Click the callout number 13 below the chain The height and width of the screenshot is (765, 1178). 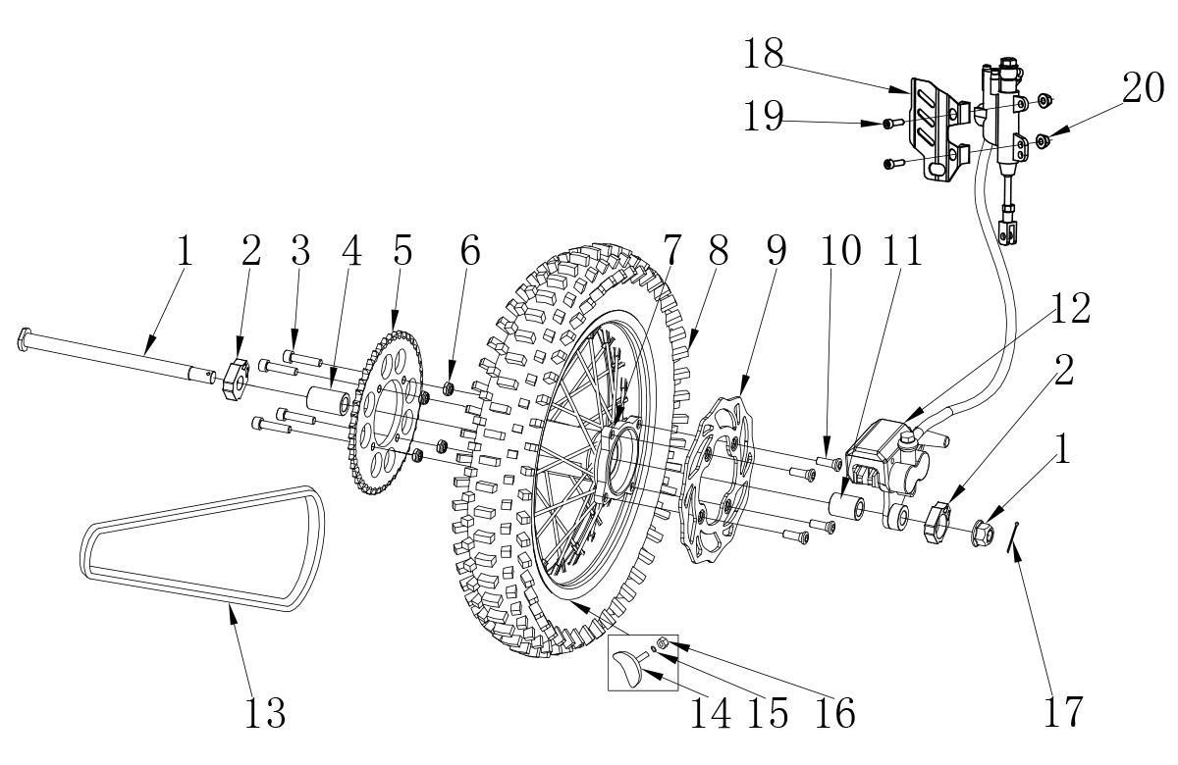(266, 712)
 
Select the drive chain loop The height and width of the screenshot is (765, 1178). (202, 548)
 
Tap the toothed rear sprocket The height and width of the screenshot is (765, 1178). (386, 413)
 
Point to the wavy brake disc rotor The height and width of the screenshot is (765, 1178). (718, 481)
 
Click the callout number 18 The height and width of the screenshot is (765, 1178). (763, 54)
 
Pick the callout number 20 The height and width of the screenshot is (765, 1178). (1143, 87)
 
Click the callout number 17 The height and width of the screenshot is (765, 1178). (1063, 712)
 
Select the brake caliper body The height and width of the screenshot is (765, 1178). (888, 462)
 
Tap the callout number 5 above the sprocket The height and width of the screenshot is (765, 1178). (402, 250)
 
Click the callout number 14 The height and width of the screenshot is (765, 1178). (711, 714)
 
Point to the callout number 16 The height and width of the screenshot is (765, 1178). (835, 714)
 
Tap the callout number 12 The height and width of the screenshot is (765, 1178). (1070, 308)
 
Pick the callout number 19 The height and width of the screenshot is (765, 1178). (763, 116)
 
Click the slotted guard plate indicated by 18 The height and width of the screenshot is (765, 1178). (939, 129)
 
